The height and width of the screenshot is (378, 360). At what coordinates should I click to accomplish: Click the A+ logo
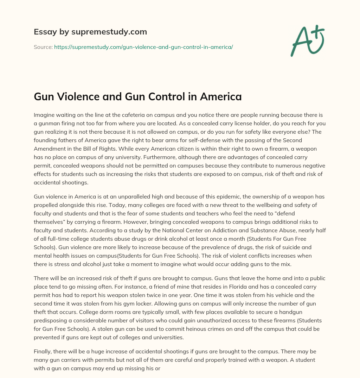click(307, 40)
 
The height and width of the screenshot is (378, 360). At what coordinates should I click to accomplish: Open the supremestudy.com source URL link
click(143, 47)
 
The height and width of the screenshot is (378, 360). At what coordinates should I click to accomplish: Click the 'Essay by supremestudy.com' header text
click(90, 32)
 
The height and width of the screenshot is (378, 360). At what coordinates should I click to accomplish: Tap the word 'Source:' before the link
click(43, 47)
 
